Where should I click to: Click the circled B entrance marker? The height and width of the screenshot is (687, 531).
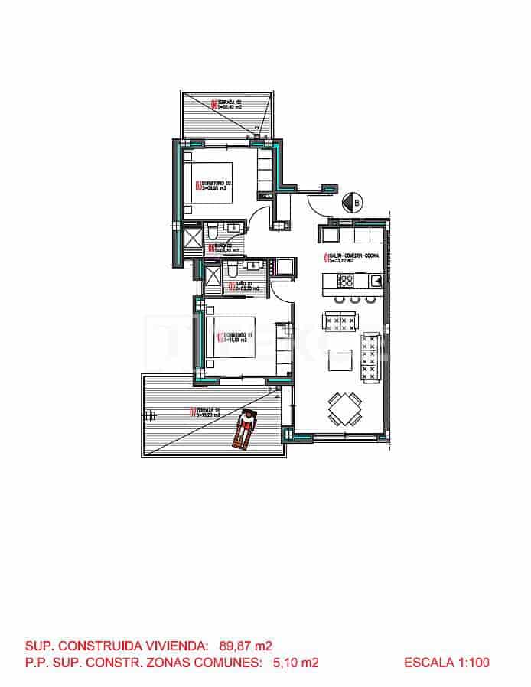(x=354, y=202)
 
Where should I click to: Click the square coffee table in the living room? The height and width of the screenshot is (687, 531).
(x=340, y=359)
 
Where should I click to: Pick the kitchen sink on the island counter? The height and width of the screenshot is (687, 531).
(x=376, y=281)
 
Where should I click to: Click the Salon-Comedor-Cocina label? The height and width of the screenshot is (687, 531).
(x=352, y=258)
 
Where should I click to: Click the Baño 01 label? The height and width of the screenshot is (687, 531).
(x=246, y=286)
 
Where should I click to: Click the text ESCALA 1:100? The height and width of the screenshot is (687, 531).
(x=446, y=663)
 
